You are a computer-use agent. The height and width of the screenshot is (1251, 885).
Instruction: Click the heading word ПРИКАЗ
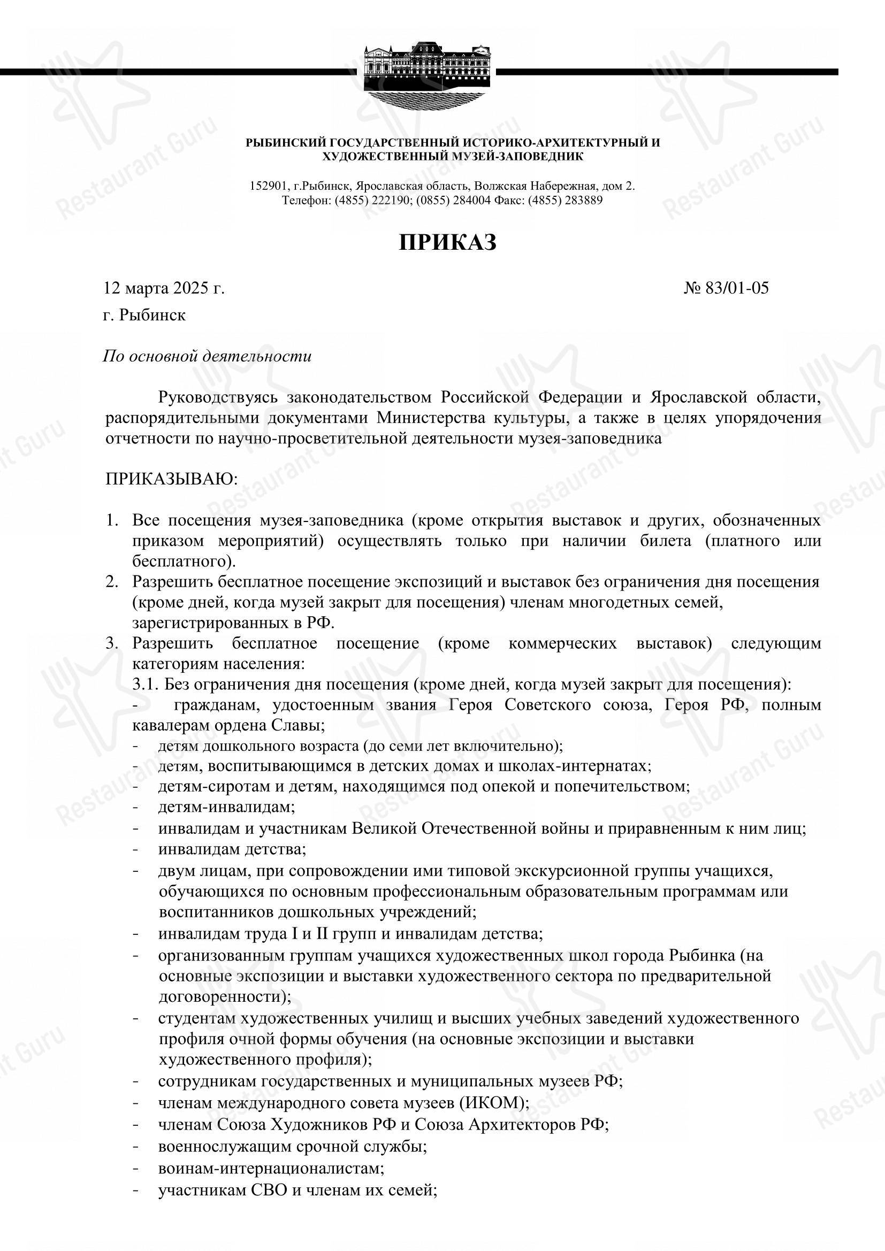coord(447,242)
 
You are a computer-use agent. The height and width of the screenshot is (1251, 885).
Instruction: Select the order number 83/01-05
coord(737,288)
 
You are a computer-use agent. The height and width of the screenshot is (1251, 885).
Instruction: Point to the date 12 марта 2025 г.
coord(164,288)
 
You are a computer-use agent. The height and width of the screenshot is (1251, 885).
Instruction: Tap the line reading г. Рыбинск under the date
coord(145,315)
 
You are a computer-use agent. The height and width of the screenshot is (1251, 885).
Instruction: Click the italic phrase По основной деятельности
coord(208,356)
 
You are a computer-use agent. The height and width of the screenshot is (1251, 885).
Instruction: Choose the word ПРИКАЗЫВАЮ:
coord(172,479)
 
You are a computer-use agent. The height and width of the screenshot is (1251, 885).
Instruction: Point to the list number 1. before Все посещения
coord(112,520)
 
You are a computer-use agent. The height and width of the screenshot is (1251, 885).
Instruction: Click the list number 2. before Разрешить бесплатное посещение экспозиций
coord(112,582)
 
